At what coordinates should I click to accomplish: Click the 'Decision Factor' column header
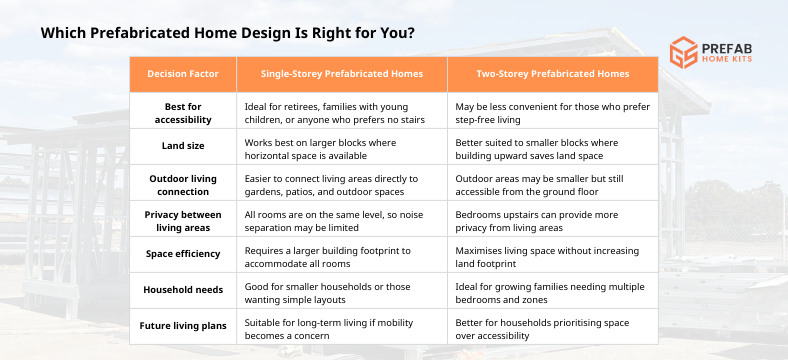tap(182, 74)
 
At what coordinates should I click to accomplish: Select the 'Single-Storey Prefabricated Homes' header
tap(341, 74)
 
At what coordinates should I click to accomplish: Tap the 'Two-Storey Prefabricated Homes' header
tap(551, 74)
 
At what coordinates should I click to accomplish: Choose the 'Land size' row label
tap(182, 146)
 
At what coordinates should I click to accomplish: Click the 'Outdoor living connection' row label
tap(182, 182)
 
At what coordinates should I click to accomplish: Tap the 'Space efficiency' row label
tap(182, 254)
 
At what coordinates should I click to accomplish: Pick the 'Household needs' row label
tap(182, 290)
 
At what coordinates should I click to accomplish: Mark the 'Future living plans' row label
tap(182, 326)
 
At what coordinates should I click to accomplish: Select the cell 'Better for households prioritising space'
tap(540, 326)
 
